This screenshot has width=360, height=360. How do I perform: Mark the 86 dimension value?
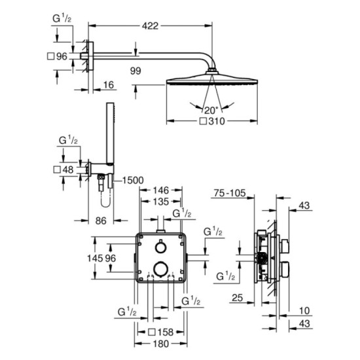pyautogui.click(x=100, y=221)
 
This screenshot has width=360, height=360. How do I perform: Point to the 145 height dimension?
pyautogui.click(x=96, y=259)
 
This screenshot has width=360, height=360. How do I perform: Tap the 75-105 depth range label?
pyautogui.click(x=232, y=194)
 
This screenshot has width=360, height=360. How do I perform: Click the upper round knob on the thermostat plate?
pyautogui.click(x=160, y=248)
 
